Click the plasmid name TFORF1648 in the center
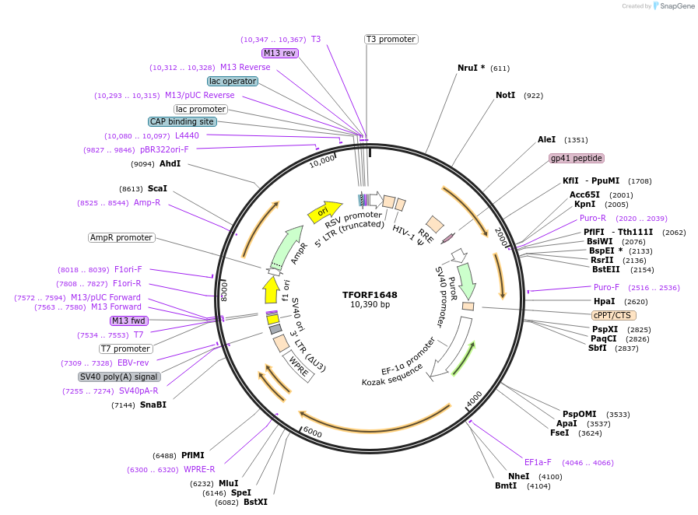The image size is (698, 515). click(x=370, y=295)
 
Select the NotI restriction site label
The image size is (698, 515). click(x=505, y=96)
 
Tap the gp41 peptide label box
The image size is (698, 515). click(x=576, y=158)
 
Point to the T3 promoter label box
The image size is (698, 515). click(x=391, y=39)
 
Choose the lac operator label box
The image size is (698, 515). click(x=232, y=81)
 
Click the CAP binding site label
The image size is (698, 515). click(x=182, y=121)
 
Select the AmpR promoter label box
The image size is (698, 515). click(x=121, y=237)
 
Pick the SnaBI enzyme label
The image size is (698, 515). click(x=153, y=405)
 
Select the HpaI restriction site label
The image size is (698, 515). click(x=604, y=301)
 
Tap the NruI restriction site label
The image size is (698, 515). click(x=471, y=68)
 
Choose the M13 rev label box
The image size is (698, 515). click(x=279, y=53)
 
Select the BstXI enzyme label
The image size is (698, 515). click(x=255, y=503)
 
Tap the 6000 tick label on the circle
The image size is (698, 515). click(x=312, y=432)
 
